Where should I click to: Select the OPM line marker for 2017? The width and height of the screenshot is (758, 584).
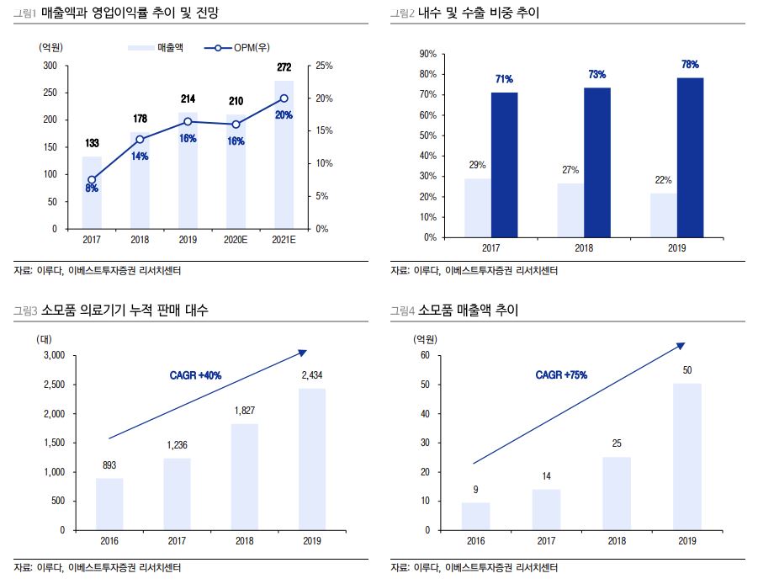(x=92, y=179)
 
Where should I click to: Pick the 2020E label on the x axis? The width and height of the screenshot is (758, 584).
(x=236, y=240)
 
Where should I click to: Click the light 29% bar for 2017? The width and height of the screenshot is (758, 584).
(x=478, y=208)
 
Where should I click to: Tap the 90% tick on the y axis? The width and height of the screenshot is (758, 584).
(x=427, y=54)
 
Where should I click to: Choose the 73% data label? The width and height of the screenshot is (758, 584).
(x=596, y=74)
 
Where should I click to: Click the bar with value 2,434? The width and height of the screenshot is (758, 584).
(x=312, y=459)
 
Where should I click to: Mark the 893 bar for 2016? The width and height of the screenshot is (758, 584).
(x=109, y=504)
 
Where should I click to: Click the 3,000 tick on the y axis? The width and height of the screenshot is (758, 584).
(x=52, y=356)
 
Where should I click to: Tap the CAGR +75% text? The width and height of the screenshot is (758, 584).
(x=561, y=374)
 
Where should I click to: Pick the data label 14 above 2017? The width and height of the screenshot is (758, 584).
(x=546, y=477)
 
